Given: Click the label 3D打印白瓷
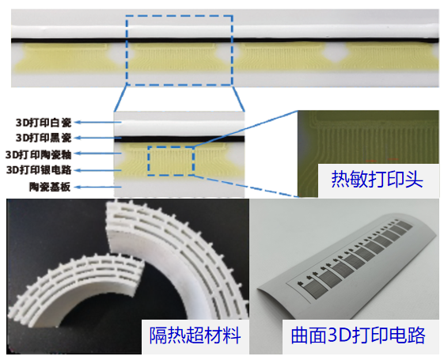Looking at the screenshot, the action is (x=44, y=123).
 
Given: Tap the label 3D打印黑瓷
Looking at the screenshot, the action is (x=44, y=138).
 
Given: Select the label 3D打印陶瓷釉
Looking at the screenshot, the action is (x=39, y=155).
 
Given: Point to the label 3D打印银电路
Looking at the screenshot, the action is (x=39, y=170).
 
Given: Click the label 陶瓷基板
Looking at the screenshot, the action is (x=50, y=187).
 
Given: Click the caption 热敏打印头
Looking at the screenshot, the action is (x=378, y=180).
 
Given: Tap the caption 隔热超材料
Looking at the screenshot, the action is (x=195, y=335).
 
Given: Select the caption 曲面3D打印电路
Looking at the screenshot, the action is (x=358, y=335).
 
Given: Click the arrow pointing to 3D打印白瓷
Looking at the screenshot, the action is (x=100, y=123).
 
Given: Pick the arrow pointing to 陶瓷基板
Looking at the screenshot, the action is (x=100, y=187).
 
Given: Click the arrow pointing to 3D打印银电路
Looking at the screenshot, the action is (x=100, y=170).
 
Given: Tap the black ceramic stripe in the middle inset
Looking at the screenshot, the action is (x=179, y=138).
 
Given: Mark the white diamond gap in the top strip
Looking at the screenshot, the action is (x=335, y=53).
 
